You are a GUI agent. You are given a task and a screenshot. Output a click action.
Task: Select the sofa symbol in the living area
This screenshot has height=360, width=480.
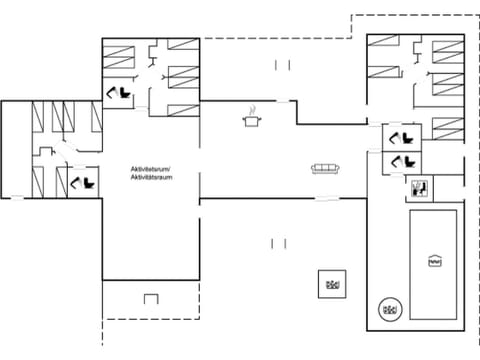(x=326, y=168)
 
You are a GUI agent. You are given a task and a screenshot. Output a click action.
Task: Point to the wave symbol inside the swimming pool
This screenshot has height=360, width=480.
(x=434, y=261)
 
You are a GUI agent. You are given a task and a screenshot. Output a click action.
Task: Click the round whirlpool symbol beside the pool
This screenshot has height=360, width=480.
(x=390, y=310)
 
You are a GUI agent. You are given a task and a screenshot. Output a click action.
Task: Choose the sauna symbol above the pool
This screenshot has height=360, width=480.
(x=419, y=186)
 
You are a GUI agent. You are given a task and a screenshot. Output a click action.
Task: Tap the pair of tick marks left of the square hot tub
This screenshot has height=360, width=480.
(x=278, y=242)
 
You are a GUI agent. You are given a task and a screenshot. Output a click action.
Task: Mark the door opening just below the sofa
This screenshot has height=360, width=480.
(x=327, y=199)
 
